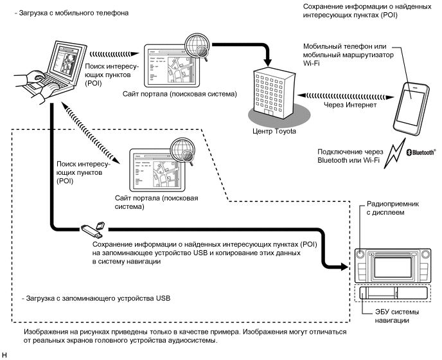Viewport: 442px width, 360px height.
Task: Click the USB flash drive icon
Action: pos(93,229)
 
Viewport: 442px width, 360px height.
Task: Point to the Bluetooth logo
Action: pos(421,152)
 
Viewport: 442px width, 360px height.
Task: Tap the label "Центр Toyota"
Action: pos(274,131)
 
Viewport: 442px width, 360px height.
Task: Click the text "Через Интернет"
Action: pos(350,105)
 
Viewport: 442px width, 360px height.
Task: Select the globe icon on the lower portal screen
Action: pos(182,150)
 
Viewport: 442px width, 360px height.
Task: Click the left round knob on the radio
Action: pos(360,254)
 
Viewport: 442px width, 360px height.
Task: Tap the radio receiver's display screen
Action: pos(393,267)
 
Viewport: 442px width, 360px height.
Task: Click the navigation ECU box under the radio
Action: pos(393,293)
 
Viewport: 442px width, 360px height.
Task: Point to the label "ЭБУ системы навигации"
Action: pos(396,316)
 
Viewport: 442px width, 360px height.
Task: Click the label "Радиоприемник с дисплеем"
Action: pos(393,208)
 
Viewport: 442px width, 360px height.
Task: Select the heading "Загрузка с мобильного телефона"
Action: pos(71,13)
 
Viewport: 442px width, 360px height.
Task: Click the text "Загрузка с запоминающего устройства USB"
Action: pos(96,298)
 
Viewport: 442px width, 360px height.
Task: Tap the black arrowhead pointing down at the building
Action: pos(269,62)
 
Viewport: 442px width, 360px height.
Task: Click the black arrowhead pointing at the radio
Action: pos(345,266)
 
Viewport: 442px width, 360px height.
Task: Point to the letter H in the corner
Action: pos(4,355)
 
